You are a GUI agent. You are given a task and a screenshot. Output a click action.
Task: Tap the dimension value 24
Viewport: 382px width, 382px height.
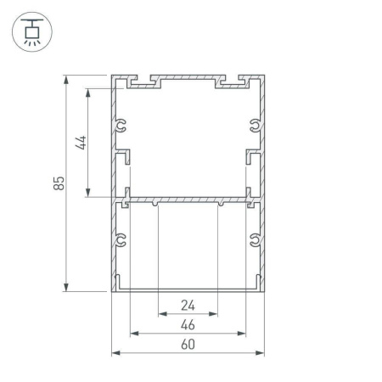pyautogui.click(x=187, y=306)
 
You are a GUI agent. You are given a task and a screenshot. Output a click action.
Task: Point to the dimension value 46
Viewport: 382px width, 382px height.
pyautogui.click(x=187, y=325)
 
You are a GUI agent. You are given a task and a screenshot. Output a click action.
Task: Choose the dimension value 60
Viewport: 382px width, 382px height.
pyautogui.click(x=187, y=345)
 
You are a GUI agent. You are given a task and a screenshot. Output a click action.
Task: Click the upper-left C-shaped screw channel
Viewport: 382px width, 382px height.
pyautogui.click(x=121, y=126)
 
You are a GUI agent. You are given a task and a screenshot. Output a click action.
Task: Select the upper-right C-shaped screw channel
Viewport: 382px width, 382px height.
pyautogui.click(x=254, y=126)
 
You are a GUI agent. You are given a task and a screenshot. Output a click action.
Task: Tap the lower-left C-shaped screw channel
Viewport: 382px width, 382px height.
pyautogui.click(x=121, y=241)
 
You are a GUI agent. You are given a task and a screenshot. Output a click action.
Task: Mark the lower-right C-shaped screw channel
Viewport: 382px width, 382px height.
pyautogui.click(x=254, y=241)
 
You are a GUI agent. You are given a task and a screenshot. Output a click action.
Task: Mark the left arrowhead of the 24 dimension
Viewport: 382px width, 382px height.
pyautogui.click(x=161, y=313)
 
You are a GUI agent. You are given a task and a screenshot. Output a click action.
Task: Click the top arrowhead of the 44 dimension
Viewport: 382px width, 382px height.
pyautogui.click(x=89, y=89)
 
